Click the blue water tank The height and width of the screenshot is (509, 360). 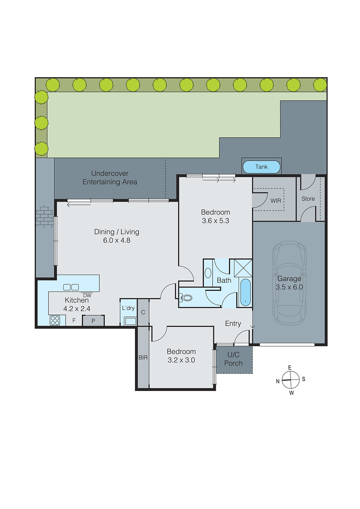261,167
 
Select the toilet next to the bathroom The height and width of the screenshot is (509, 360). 187,298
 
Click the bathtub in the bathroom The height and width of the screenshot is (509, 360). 245,292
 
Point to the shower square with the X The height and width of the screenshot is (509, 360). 243,268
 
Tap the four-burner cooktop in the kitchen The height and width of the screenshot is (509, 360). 55,320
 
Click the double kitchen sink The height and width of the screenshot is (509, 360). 71,287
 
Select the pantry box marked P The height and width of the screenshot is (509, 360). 93,321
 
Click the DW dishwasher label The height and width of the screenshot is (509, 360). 87,295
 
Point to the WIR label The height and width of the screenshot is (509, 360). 276,201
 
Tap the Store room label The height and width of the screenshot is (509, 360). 308,199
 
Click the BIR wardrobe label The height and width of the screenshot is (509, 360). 143,358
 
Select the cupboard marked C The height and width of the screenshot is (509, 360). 143,312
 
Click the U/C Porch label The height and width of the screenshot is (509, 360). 234,359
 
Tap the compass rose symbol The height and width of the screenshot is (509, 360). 291,380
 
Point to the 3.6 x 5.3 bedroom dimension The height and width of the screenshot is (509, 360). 215,221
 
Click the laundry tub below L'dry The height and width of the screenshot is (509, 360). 130,321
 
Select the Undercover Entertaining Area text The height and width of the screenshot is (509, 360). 110,178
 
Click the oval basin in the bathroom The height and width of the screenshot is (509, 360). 208,273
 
